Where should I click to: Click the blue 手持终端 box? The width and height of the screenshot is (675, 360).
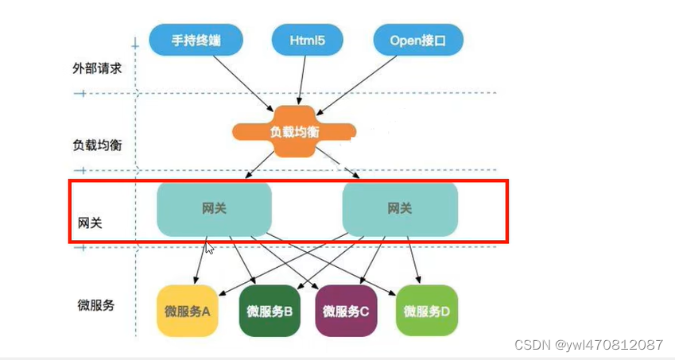click(x=195, y=38)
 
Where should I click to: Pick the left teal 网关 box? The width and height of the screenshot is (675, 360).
click(x=214, y=209)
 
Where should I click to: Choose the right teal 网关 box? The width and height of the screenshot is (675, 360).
click(x=400, y=209)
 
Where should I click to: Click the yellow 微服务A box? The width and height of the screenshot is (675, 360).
click(x=187, y=311)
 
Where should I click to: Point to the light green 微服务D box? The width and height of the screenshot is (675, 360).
click(x=426, y=311)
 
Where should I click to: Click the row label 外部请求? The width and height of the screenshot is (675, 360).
click(x=96, y=68)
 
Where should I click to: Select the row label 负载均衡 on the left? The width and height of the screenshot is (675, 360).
click(x=96, y=145)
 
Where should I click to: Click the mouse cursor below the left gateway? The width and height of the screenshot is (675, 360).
click(x=210, y=249)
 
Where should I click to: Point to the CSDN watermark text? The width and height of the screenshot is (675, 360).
click(x=588, y=345)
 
